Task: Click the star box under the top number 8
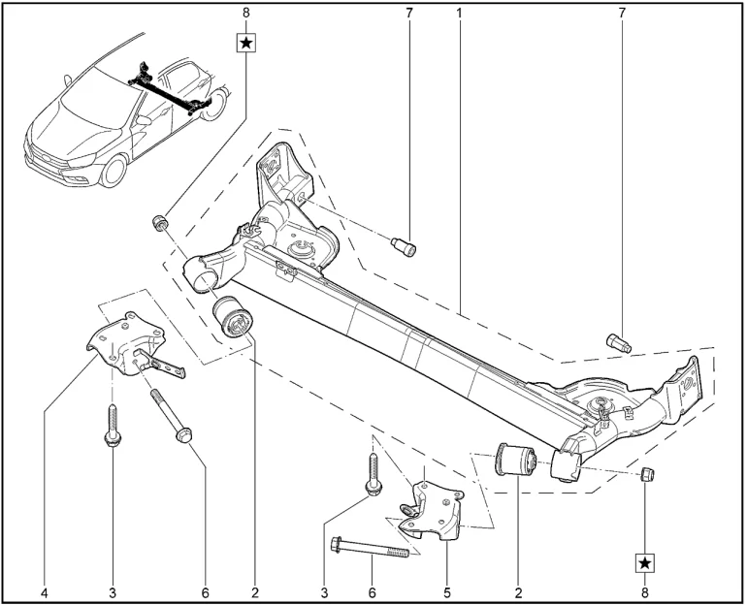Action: point(246,43)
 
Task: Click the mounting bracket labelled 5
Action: point(433,504)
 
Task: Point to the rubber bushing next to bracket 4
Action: point(231,319)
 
